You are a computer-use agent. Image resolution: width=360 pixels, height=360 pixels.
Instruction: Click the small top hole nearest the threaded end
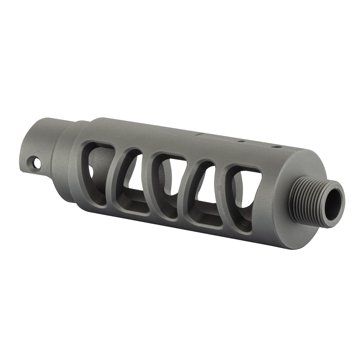pyautogui.click(x=276, y=147)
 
